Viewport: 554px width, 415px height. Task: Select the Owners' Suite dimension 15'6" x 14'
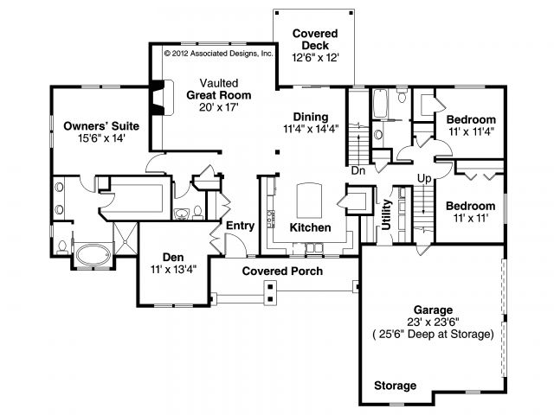point(102,138)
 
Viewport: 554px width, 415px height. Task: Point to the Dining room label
point(311,117)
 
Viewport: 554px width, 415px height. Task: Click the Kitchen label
point(310,227)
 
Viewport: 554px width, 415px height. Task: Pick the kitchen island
point(309,201)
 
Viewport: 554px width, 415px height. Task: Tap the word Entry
point(241,226)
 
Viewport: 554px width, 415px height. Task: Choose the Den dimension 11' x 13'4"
point(173,270)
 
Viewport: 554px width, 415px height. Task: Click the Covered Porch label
point(282,271)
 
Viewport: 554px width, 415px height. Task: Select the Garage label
point(433,310)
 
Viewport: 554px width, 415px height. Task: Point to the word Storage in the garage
point(395,386)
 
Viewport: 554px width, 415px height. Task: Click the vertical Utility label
point(387,214)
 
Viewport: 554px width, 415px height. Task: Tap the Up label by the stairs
point(424,179)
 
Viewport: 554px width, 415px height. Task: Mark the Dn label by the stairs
point(358,171)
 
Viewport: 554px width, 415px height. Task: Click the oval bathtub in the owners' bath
point(93,255)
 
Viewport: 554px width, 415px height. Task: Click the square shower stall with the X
point(125,239)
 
